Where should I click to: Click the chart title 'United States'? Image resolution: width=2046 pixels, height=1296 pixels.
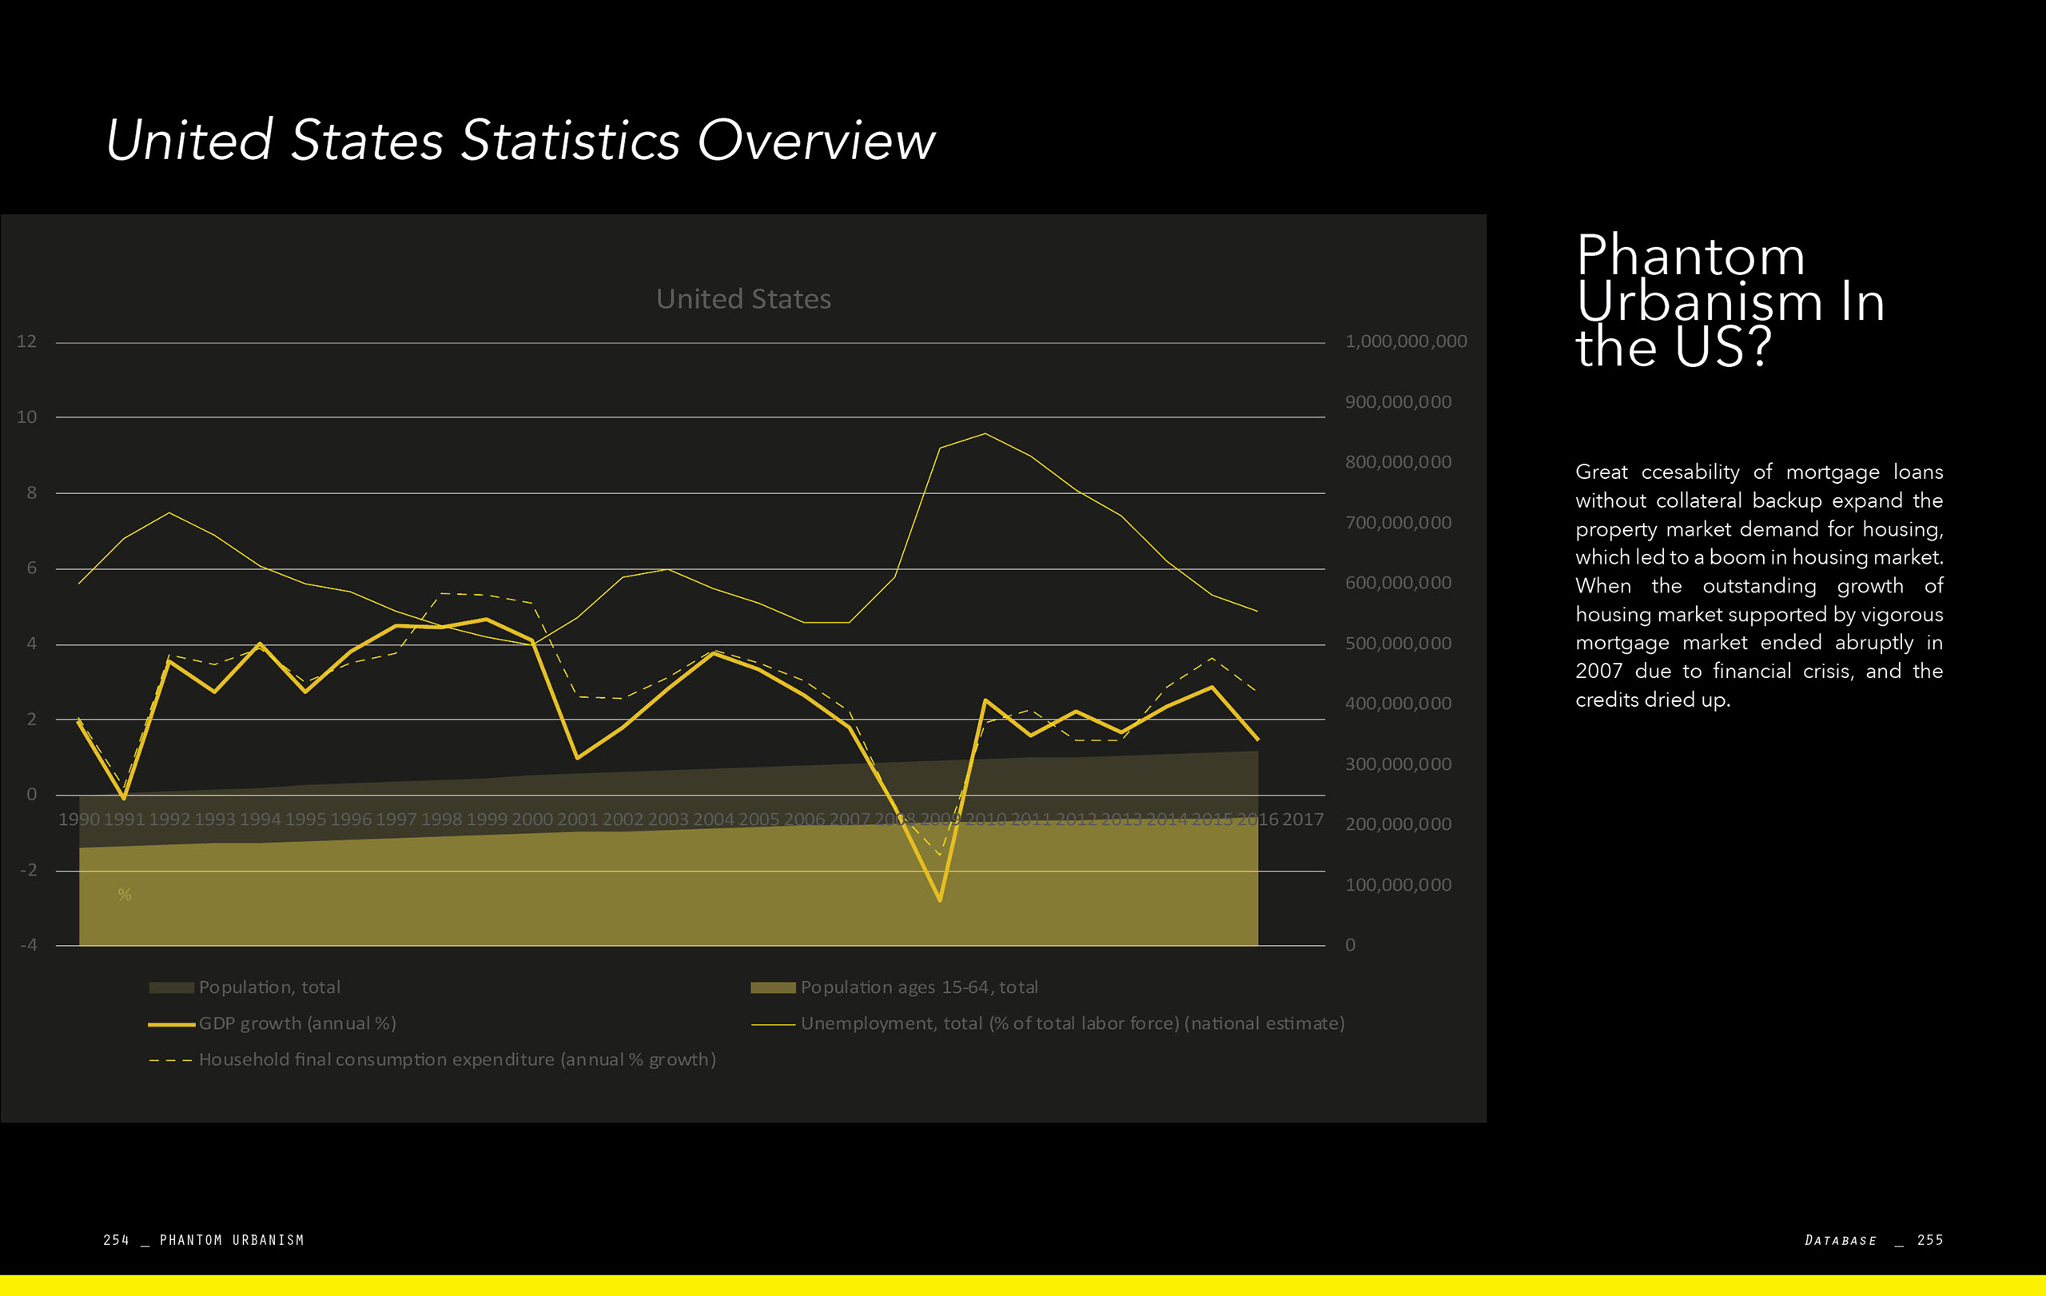tap(743, 299)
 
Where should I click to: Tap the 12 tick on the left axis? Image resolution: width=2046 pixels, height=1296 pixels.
tap(26, 341)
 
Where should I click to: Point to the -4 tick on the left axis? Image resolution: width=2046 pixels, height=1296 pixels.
tap(28, 945)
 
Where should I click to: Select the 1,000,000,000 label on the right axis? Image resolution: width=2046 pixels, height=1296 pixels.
tap(1405, 341)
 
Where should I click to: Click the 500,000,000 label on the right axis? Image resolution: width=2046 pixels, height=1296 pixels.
tap(1398, 644)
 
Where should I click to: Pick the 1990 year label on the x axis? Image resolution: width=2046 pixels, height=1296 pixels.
tap(79, 819)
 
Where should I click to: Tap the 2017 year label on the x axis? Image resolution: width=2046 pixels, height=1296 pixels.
tap(1303, 819)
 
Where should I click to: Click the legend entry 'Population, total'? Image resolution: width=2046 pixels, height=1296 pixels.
tap(269, 987)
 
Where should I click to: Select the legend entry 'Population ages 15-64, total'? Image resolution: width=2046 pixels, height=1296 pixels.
tap(918, 987)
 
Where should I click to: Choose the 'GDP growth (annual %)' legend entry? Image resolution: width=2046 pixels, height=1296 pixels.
tap(297, 1024)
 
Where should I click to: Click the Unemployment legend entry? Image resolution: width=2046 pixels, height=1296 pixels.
tap(1072, 1024)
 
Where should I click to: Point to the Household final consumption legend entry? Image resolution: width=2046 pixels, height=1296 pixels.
tap(456, 1059)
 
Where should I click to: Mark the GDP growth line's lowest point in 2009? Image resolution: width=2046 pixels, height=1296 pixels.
tap(940, 899)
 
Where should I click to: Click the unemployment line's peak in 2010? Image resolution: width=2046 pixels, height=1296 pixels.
tap(985, 434)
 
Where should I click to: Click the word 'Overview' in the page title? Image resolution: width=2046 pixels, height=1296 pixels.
tap(816, 140)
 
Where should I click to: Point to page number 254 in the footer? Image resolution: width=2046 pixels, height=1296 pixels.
tap(116, 1240)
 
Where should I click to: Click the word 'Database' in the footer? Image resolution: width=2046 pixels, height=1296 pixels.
tap(1841, 1240)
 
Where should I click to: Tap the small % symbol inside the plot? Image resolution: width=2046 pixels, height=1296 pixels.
tap(125, 895)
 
